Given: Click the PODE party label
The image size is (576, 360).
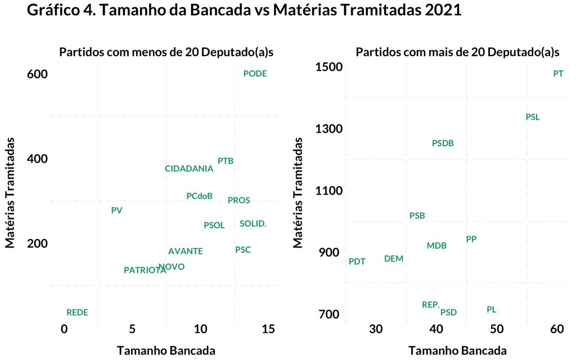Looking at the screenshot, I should pyautogui.click(x=255, y=74).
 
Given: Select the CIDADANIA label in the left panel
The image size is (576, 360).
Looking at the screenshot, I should pyautogui.click(x=189, y=169).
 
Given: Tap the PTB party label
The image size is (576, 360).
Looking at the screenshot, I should pyautogui.click(x=226, y=161).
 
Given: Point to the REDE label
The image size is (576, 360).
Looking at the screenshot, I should pyautogui.click(x=77, y=313).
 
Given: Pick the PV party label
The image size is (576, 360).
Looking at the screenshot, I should pyautogui.click(x=116, y=210).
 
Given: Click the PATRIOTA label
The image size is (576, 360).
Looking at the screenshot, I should pyautogui.click(x=145, y=270).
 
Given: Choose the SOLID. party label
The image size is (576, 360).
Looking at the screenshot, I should pyautogui.click(x=253, y=224).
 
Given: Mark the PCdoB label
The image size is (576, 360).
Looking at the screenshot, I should pyautogui.click(x=200, y=196).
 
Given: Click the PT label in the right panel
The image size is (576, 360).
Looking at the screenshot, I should pyautogui.click(x=558, y=74).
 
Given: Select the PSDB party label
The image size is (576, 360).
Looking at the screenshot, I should pyautogui.click(x=443, y=143).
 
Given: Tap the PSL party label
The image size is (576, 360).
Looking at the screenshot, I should pyautogui.click(x=532, y=117).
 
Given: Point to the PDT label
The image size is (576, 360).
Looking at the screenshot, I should pyautogui.click(x=357, y=262).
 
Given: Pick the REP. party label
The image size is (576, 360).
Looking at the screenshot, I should pyautogui.click(x=431, y=305).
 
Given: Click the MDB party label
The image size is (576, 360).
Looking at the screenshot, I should pyautogui.click(x=436, y=246).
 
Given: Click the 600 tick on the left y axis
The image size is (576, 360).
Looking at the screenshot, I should pyautogui.click(x=39, y=74).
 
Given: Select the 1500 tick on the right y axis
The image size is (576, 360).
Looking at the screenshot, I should pyautogui.click(x=330, y=67).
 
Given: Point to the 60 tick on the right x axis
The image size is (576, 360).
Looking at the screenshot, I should pyautogui.click(x=557, y=328).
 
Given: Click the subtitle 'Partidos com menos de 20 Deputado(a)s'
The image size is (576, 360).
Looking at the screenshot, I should pyautogui.click(x=170, y=53).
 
